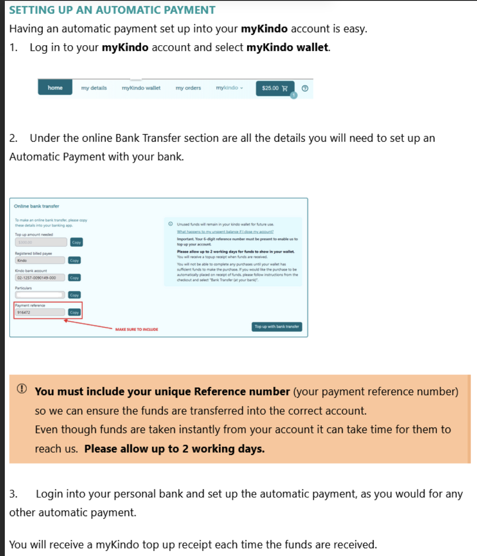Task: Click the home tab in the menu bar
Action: (x=55, y=88)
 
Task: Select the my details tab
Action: (x=94, y=88)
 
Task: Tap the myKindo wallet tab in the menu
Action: (x=141, y=88)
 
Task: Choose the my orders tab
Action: (x=188, y=88)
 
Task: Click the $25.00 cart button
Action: (x=275, y=88)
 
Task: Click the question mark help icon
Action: (x=305, y=88)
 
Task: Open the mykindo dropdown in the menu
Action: (x=229, y=88)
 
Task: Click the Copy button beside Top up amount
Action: (x=76, y=242)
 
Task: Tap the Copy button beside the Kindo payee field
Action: (x=75, y=260)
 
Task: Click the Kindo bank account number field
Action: (x=40, y=278)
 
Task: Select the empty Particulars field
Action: (x=40, y=295)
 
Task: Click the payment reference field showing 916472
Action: (x=40, y=313)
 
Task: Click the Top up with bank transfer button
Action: (x=277, y=327)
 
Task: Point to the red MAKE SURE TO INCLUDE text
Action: (x=136, y=329)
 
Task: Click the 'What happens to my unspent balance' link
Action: (x=225, y=232)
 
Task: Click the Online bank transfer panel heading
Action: (x=36, y=206)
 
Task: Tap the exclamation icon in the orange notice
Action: (x=21, y=388)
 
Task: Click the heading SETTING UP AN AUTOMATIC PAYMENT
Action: (x=112, y=10)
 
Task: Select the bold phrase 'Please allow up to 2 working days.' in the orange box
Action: (x=174, y=449)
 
